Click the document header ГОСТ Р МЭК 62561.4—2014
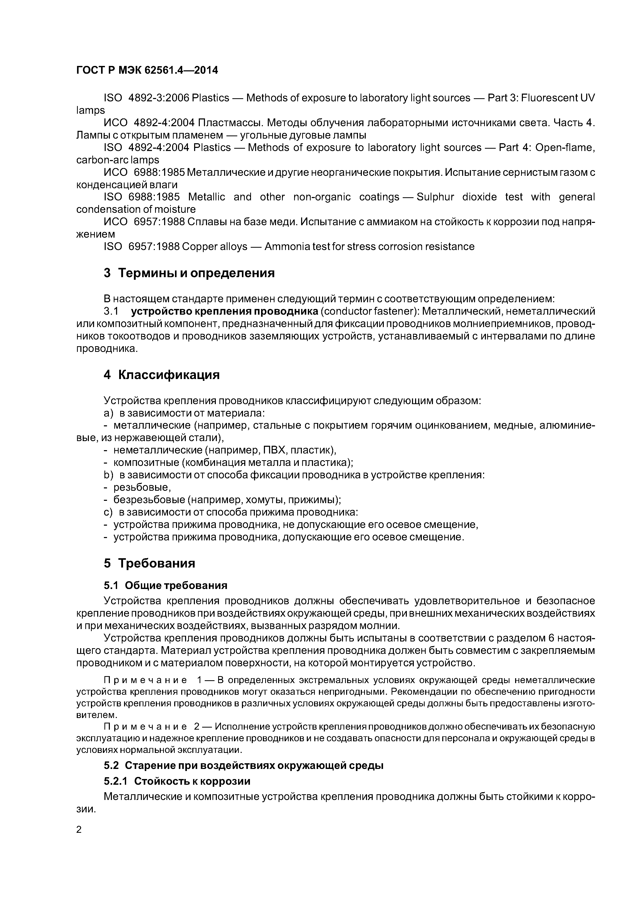147,70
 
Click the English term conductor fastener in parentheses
369,312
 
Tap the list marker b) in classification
108,475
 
